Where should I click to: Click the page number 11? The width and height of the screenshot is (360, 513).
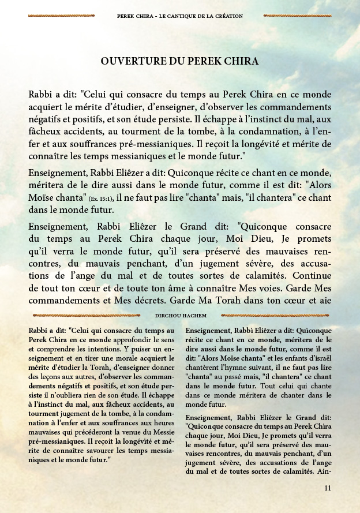(x=328, y=488)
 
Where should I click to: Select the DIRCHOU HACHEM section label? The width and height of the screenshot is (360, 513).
(x=181, y=316)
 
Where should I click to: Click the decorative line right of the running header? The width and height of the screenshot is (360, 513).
(x=297, y=16)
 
